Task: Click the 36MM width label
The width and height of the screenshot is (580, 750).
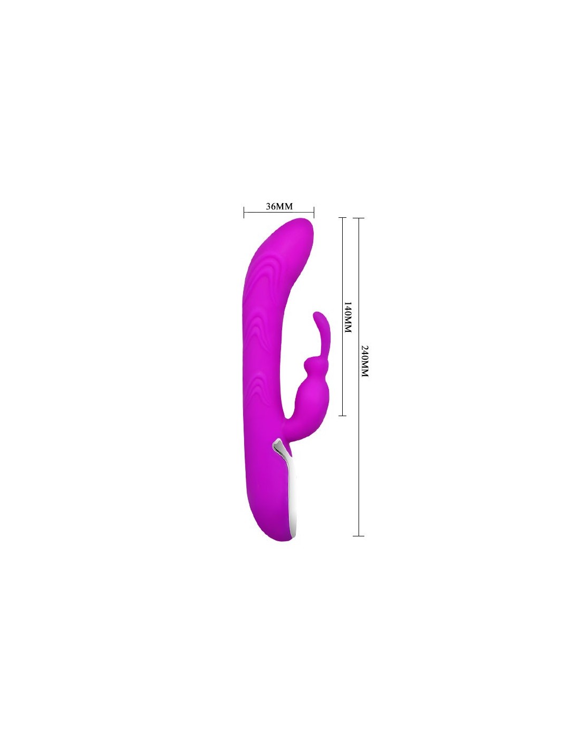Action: point(279,206)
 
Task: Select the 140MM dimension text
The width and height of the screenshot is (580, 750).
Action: point(348,317)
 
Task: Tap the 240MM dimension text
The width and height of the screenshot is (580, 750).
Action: point(365,360)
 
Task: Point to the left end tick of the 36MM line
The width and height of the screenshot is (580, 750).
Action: point(244,212)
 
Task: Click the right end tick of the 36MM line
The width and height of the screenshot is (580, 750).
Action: point(314,212)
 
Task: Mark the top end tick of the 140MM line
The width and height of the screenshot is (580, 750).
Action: point(342,218)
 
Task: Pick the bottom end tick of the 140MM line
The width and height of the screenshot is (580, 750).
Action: point(342,416)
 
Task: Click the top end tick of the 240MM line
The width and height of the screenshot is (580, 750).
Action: point(359,218)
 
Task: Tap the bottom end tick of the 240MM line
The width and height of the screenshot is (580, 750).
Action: point(359,536)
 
